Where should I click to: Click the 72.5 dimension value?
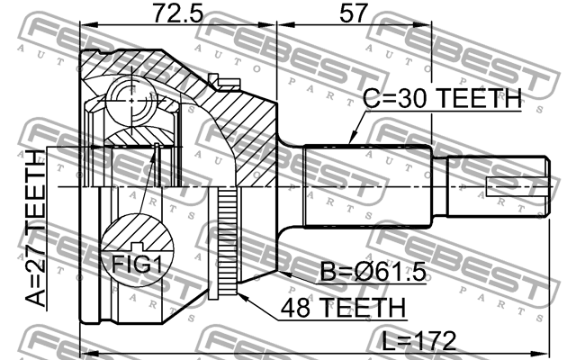point(177,13)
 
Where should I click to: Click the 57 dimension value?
point(354,13)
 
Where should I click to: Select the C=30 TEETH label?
point(442,98)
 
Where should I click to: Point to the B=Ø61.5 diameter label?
point(373,272)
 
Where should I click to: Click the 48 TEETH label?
point(343,307)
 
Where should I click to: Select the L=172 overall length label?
point(418,341)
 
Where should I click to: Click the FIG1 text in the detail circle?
point(137,264)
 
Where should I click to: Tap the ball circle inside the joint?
point(131,100)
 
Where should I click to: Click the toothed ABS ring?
point(228,241)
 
